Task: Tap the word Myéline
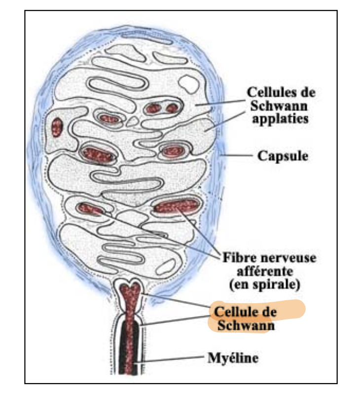tap(232, 357)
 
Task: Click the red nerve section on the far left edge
tap(58, 127)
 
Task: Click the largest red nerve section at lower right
tap(176, 205)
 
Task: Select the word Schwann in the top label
tap(277, 106)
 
